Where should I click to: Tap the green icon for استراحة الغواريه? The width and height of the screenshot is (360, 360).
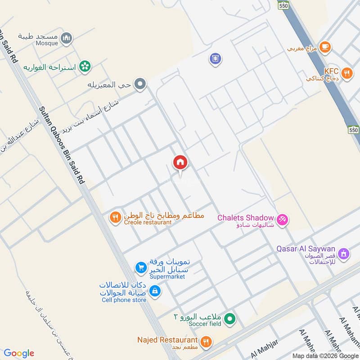coord(84,67)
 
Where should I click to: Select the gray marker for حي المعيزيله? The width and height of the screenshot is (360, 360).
coord(140,84)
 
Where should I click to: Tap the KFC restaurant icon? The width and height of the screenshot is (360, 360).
coord(346,74)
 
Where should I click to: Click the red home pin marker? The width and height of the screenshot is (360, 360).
coord(180,163)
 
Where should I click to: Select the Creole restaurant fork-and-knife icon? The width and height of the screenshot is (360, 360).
coord(115,218)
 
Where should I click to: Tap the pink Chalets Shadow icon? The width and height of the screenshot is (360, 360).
coord(283,220)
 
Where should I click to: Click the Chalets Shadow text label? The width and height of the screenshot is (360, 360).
coord(245,217)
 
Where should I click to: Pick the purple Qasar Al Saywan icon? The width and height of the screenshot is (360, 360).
coord(344,254)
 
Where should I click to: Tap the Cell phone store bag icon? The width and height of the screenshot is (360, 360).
coord(155,291)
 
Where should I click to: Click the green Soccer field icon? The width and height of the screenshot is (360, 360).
coord(230,319)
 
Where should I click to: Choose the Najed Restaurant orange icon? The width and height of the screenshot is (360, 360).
coord(206,342)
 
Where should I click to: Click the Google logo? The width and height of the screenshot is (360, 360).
coord(19,353)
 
